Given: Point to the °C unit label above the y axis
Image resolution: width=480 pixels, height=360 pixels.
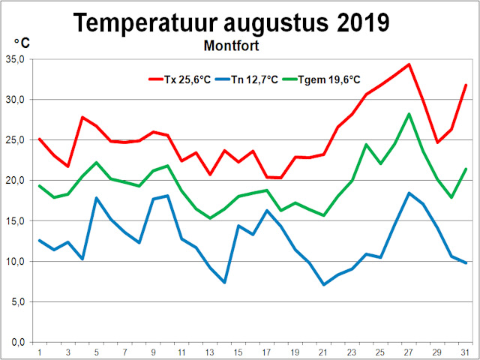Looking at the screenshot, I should tap(21, 43).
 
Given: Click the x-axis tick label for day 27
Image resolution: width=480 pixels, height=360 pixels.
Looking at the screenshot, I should tap(409, 352).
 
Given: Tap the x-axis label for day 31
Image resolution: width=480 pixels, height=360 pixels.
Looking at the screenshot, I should tap(465, 352).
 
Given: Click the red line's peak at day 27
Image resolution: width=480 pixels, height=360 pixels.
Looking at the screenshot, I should tap(409, 64).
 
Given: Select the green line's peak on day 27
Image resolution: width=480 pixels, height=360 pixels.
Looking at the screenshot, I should tap(409, 114).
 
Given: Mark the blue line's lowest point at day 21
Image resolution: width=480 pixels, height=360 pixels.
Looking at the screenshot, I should tap(324, 284).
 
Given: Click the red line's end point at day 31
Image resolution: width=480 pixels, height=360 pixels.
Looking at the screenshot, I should tap(466, 85).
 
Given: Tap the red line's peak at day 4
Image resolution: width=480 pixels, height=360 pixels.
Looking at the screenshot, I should tap(82, 117).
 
